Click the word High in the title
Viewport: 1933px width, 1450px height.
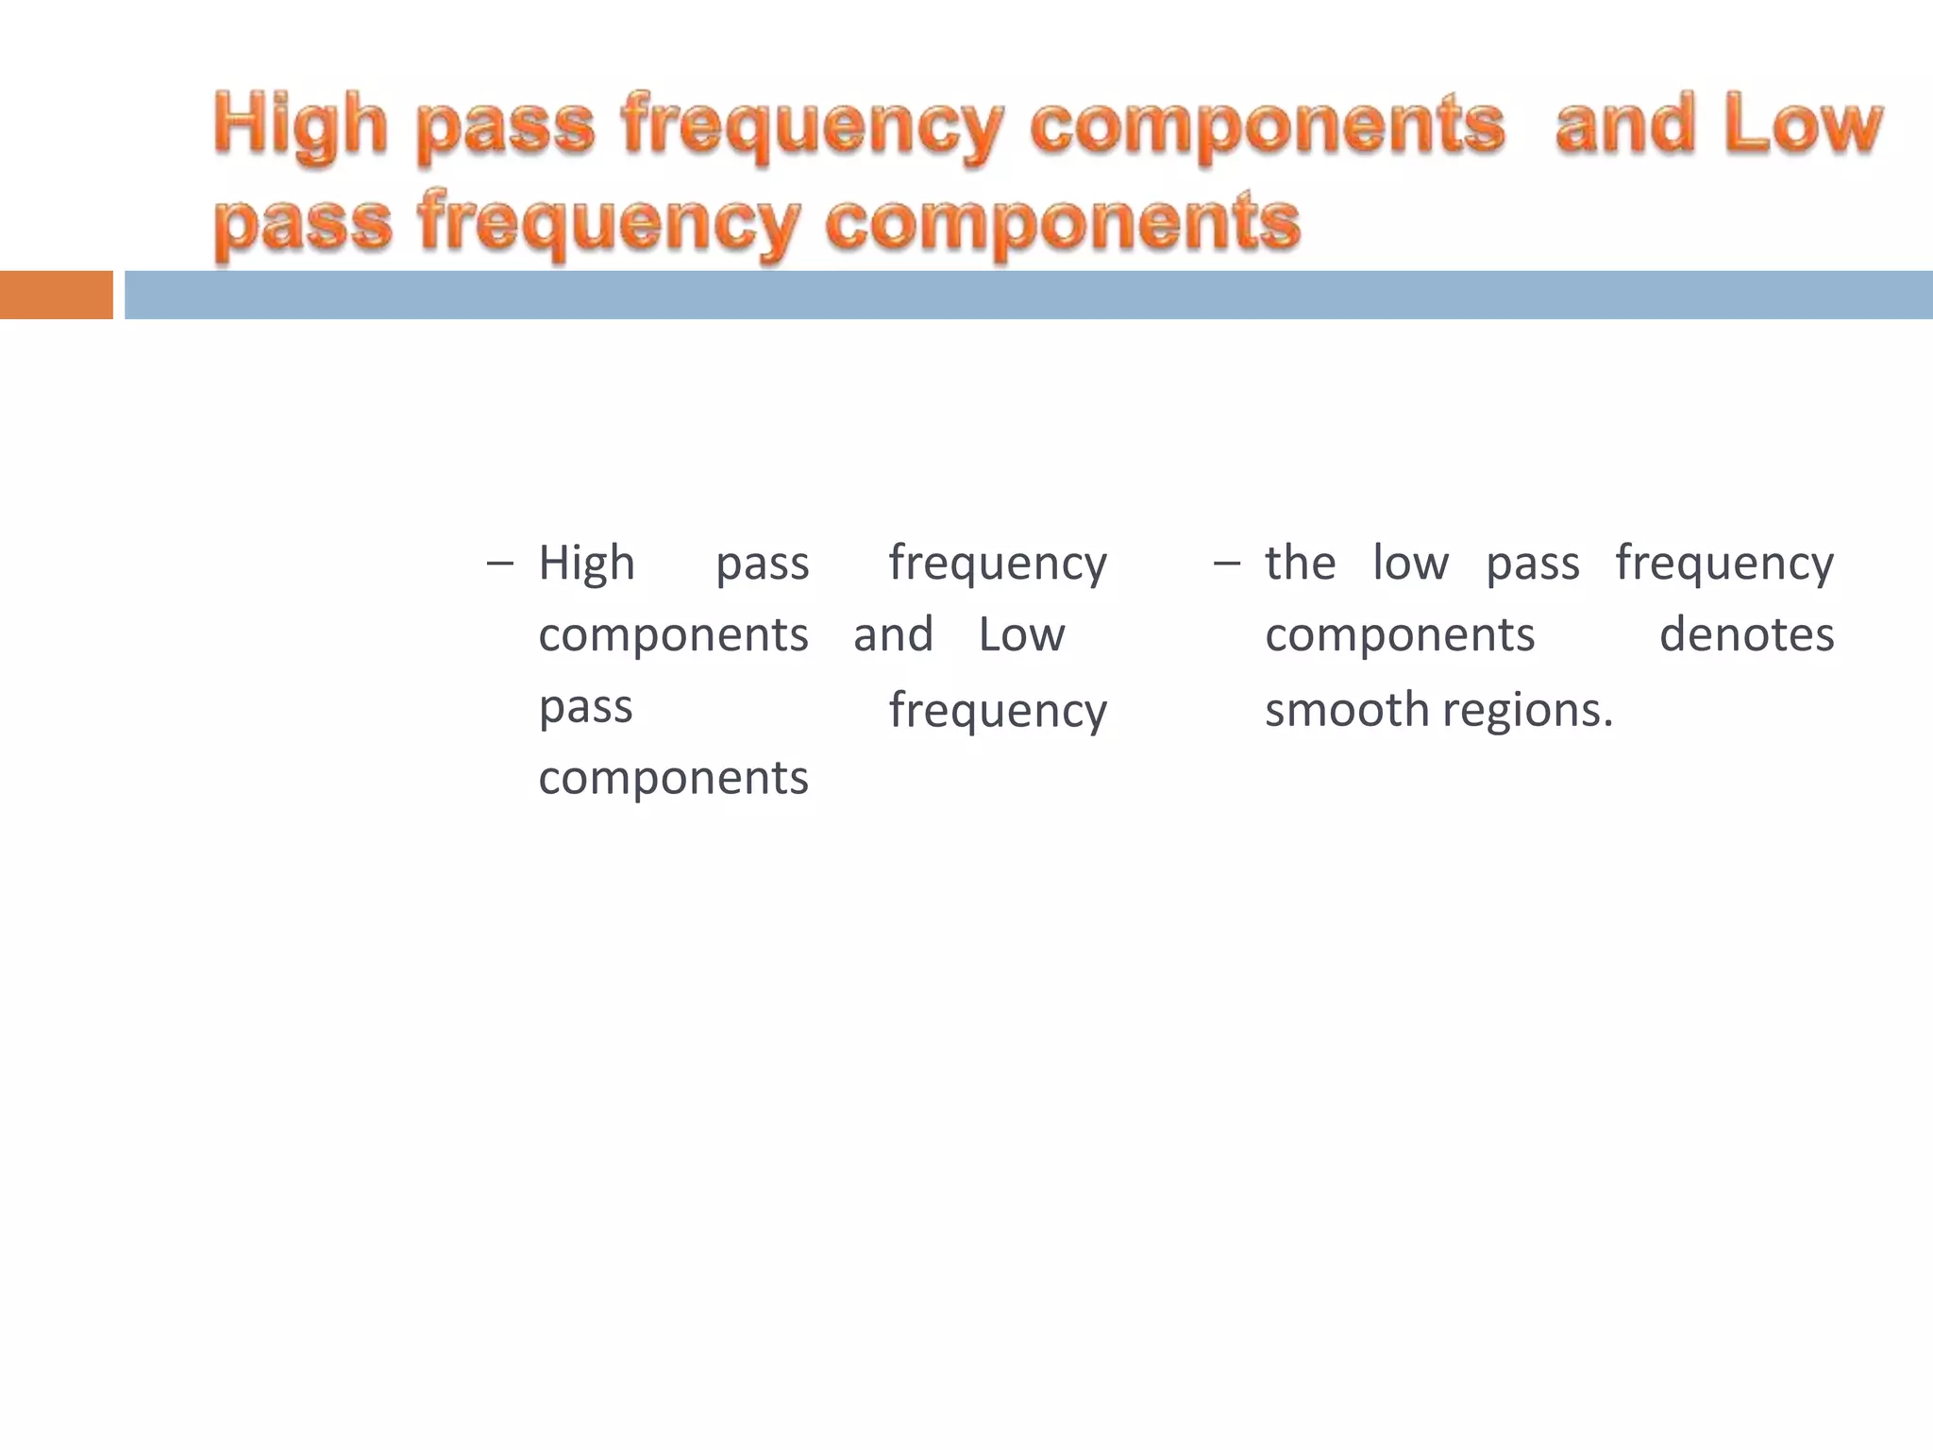[x=300, y=125]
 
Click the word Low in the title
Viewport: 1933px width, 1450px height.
[x=1802, y=125]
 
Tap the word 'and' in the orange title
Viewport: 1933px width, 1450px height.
[x=1624, y=125]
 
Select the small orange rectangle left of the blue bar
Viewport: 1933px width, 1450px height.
[x=56, y=295]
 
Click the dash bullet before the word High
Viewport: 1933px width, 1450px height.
[x=500, y=565]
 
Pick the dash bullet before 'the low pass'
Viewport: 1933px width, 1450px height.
[x=1226, y=565]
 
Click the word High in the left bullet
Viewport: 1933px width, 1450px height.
[x=586, y=565]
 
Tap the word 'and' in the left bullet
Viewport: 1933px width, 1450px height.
[x=893, y=634]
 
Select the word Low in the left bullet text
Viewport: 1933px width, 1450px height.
[x=1021, y=634]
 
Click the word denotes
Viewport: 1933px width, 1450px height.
[x=1746, y=634]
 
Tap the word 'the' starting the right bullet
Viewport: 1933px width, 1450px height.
[x=1300, y=564]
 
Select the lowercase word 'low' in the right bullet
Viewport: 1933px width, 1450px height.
[x=1410, y=564]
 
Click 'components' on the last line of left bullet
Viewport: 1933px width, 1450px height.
[x=673, y=780]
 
